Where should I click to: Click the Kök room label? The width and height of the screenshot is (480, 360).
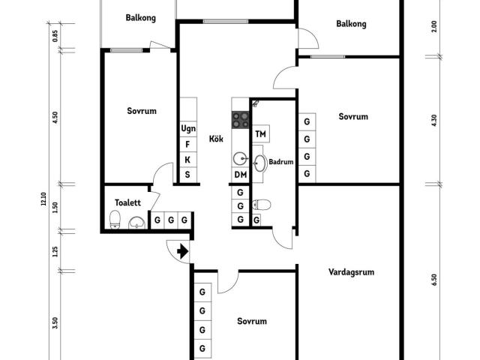click(x=217, y=139)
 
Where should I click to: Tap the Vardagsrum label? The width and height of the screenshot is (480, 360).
click(x=351, y=272)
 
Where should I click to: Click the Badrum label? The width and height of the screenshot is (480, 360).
click(x=280, y=161)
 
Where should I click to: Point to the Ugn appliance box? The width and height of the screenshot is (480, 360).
click(x=187, y=128)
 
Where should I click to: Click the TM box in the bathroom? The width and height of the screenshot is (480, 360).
click(x=261, y=134)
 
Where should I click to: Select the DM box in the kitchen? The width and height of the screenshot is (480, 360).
click(x=240, y=175)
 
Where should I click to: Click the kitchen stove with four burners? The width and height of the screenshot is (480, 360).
click(x=241, y=118)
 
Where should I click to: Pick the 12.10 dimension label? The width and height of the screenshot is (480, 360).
click(x=43, y=199)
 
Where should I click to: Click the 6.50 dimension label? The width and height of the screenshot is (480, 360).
click(x=433, y=279)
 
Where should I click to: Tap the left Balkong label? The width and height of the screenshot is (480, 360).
click(x=141, y=17)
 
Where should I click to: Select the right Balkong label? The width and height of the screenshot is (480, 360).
click(x=351, y=24)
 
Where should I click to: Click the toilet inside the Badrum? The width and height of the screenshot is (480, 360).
click(x=262, y=204)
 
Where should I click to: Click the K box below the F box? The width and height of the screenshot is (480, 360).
click(x=187, y=160)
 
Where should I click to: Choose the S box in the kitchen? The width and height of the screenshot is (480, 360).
click(x=187, y=175)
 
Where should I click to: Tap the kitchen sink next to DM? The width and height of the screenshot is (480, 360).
click(x=240, y=158)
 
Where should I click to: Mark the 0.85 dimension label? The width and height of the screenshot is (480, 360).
click(x=55, y=35)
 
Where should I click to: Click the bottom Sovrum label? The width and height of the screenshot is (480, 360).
click(x=252, y=321)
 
